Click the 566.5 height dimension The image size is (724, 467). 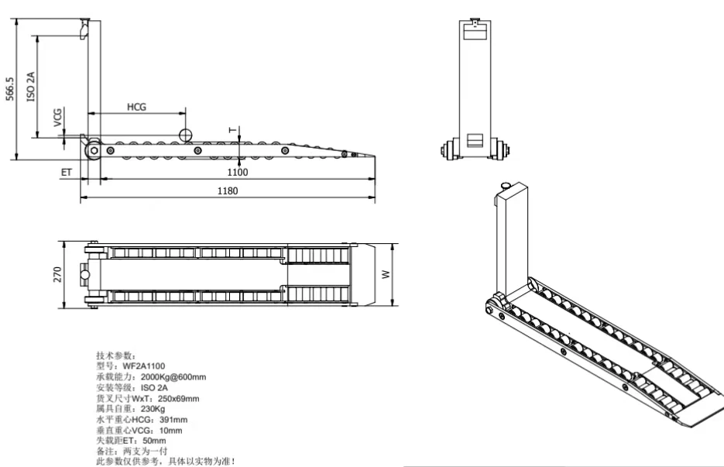coord(10,91)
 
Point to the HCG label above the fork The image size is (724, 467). coord(136,106)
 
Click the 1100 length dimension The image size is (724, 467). coord(237,171)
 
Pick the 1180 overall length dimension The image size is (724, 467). coord(227,191)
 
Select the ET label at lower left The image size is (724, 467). coord(66,172)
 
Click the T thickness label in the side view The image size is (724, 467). coord(230,129)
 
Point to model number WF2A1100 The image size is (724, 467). coord(146,364)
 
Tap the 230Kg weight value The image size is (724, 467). coord(153,408)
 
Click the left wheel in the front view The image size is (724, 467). coord(448,149)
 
